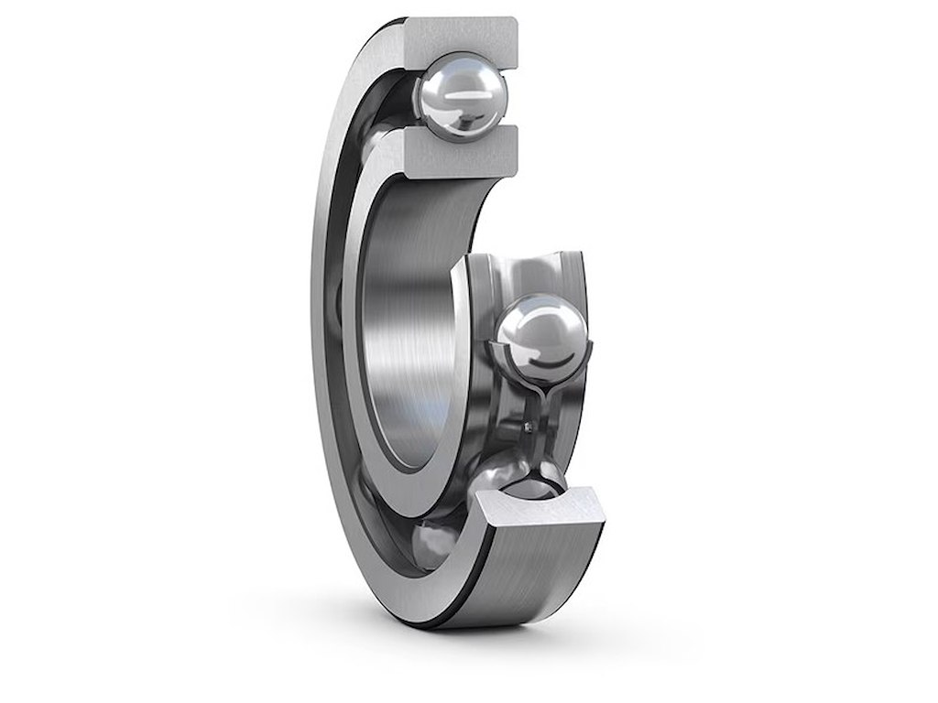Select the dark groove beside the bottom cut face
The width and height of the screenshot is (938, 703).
pos(476,568)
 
